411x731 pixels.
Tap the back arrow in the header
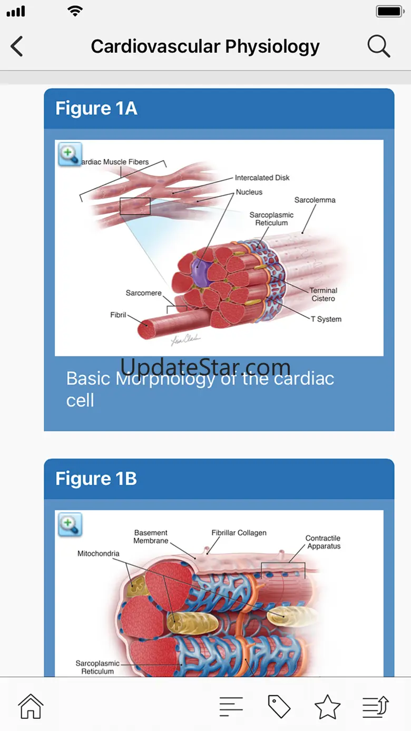tap(17, 46)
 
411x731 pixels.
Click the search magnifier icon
tap(378, 46)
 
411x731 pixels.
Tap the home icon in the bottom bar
tap(31, 706)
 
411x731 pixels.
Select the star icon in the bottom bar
tap(327, 706)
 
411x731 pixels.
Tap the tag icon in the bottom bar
tap(279, 706)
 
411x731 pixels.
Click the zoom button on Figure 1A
tap(70, 154)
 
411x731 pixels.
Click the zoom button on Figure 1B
tap(70, 524)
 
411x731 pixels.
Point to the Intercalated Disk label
tap(262, 178)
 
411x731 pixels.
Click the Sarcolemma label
tap(315, 200)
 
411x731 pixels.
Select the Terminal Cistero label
tap(323, 295)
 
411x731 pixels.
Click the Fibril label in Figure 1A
tap(118, 315)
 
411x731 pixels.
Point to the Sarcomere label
tap(143, 293)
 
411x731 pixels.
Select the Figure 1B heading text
tap(96, 479)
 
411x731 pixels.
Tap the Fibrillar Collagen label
tap(239, 533)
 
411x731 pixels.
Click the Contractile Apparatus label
tap(323, 542)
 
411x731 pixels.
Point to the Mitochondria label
tap(99, 553)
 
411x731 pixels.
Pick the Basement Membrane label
tap(151, 537)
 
